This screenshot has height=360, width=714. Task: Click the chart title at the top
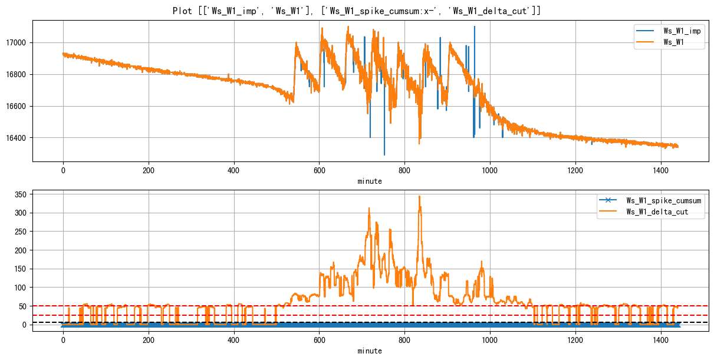coord(357,11)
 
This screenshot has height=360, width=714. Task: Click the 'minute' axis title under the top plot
coord(370,181)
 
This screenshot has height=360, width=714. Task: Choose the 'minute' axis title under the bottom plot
coord(370,351)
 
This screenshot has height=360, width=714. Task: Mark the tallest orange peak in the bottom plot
coord(419,196)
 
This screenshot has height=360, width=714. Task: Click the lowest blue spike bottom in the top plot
coord(384,154)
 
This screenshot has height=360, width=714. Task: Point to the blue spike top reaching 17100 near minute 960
coord(474,27)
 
